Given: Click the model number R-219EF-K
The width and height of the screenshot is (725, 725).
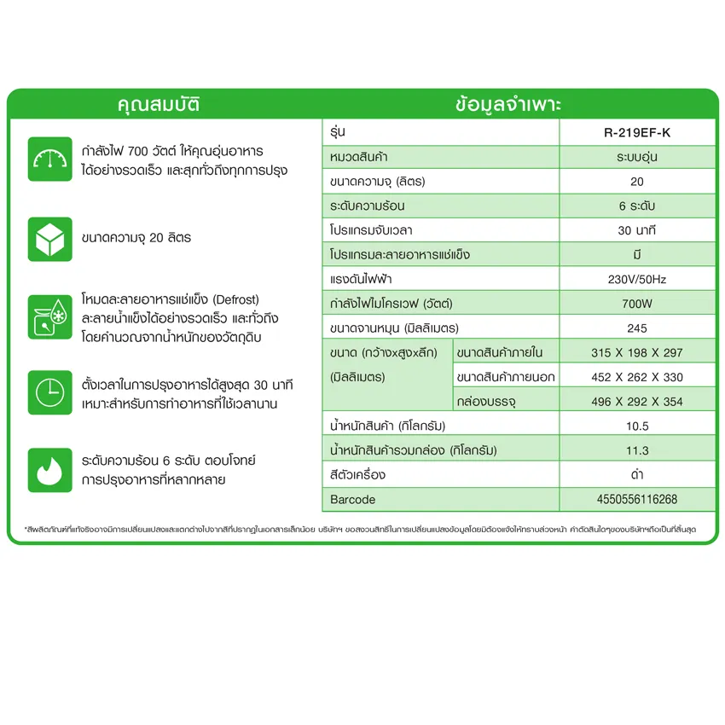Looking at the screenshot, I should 636,133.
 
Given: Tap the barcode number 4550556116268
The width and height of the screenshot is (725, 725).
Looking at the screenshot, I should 636,499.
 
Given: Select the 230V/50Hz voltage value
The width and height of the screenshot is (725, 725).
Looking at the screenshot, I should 636,279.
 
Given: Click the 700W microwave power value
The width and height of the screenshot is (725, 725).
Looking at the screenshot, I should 636,304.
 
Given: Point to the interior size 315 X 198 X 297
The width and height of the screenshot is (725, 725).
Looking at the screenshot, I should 636,352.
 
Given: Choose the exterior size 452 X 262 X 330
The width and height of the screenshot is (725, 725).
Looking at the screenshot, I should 636,377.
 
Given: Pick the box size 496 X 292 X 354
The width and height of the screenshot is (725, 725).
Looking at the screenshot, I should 636,402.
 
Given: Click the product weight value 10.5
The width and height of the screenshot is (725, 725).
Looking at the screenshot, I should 636,426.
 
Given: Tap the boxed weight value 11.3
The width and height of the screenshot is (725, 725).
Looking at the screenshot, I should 636,450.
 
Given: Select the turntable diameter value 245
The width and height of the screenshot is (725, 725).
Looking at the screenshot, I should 636,328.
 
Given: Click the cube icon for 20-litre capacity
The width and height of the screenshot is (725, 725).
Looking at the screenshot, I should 49,238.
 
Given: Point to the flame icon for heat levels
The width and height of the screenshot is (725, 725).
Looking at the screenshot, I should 49,470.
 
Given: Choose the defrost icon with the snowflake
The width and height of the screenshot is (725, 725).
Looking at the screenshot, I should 49,316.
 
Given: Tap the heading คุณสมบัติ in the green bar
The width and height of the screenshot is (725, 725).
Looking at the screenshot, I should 160,106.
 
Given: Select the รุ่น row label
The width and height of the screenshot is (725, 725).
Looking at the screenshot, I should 338,133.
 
